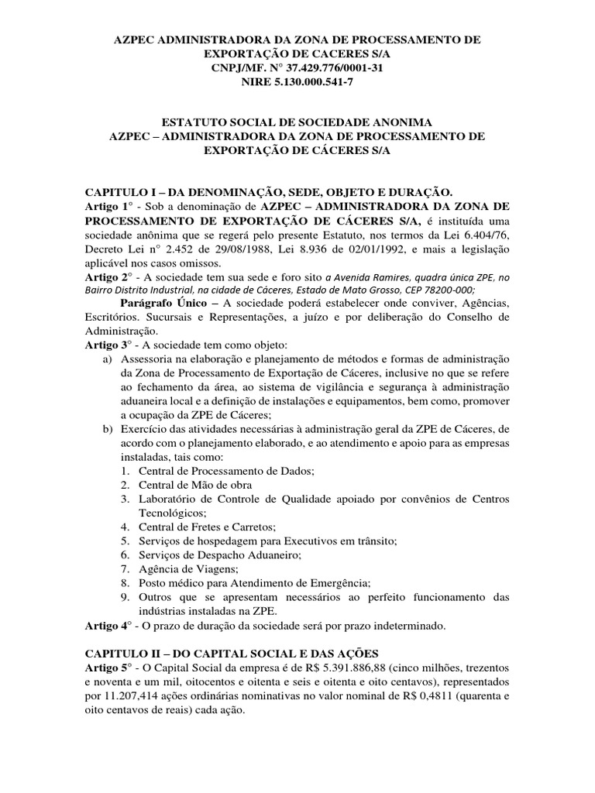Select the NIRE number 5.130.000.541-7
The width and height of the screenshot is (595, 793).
point(318,84)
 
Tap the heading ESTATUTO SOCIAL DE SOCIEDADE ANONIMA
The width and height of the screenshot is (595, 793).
point(297,122)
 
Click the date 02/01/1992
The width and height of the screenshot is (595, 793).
point(373,249)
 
